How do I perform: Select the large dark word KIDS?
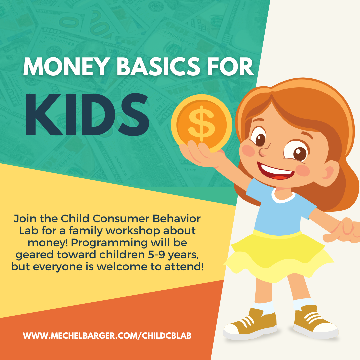point(87,115)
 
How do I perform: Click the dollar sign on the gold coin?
point(201,124)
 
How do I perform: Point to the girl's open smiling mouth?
point(275,171)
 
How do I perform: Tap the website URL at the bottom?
point(107,336)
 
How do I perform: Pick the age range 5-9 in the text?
point(156,255)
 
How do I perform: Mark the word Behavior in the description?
point(177,219)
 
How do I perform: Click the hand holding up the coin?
point(199,153)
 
